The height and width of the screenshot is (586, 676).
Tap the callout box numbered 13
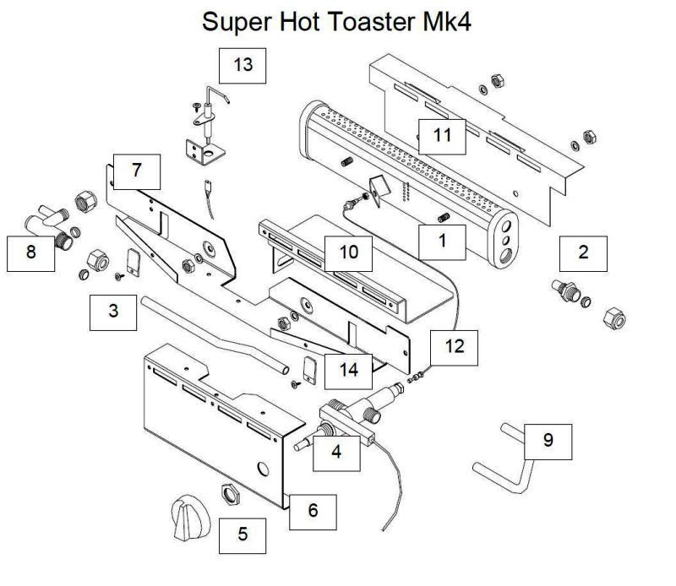click(x=243, y=66)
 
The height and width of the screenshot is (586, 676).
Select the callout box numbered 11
click(x=442, y=134)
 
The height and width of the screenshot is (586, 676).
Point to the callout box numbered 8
click(x=31, y=252)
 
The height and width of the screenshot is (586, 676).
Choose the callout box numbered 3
click(x=113, y=312)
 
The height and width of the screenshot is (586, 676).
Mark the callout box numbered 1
click(x=441, y=241)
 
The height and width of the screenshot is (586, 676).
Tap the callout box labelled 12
click(x=454, y=346)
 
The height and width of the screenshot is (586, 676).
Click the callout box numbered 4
click(x=336, y=452)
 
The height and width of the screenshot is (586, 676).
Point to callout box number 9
click(x=548, y=442)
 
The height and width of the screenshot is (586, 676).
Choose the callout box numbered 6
click(x=313, y=511)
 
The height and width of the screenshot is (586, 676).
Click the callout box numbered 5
click(x=243, y=534)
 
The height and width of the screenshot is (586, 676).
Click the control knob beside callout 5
click(x=187, y=518)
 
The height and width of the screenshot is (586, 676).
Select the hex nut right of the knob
click(x=227, y=491)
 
